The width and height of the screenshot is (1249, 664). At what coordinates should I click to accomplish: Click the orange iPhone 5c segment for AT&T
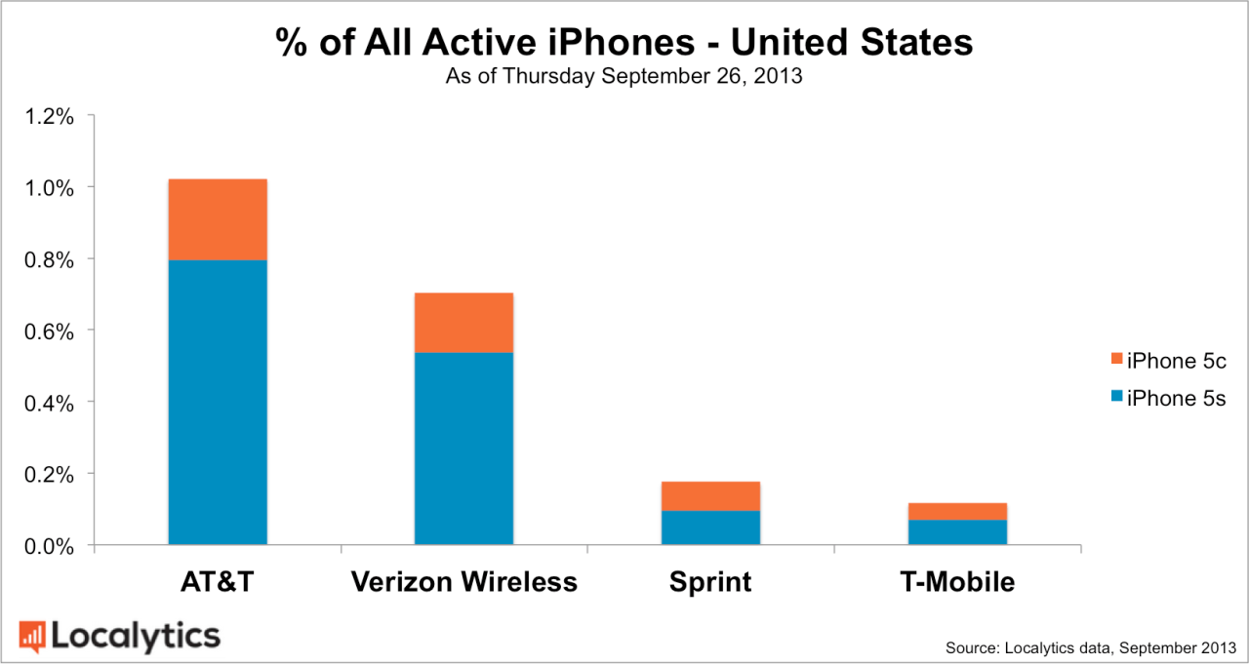(x=218, y=219)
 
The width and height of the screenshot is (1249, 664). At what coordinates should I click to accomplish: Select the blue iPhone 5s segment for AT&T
(x=218, y=402)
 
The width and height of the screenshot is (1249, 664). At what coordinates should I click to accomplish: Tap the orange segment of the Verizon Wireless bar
(x=463, y=323)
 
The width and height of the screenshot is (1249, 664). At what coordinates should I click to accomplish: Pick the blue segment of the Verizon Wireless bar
(x=463, y=448)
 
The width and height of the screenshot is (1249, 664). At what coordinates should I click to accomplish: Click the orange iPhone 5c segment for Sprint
(x=710, y=496)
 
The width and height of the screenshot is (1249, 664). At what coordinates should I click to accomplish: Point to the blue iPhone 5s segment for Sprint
(x=710, y=527)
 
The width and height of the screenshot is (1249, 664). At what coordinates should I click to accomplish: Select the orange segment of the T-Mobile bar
(x=957, y=512)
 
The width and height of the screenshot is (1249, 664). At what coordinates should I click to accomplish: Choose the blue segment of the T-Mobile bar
(x=957, y=532)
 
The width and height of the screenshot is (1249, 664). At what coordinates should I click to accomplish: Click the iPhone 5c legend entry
(x=1168, y=361)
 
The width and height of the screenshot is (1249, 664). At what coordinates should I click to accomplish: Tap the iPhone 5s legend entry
(x=1168, y=398)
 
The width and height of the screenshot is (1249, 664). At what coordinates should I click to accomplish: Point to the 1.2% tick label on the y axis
(x=49, y=116)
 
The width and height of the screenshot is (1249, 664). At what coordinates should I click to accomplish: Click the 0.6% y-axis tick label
(x=49, y=331)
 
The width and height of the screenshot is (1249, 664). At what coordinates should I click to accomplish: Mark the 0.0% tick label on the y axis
(x=49, y=546)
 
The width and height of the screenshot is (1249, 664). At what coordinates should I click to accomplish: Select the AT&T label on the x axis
(x=218, y=583)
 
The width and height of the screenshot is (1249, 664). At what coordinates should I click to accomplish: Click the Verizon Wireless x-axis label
(x=463, y=583)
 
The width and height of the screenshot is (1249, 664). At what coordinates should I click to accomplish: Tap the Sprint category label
(x=710, y=583)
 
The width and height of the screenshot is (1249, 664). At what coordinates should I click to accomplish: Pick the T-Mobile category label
(x=957, y=583)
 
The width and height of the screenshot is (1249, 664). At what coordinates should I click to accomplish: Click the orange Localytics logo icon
(x=32, y=636)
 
